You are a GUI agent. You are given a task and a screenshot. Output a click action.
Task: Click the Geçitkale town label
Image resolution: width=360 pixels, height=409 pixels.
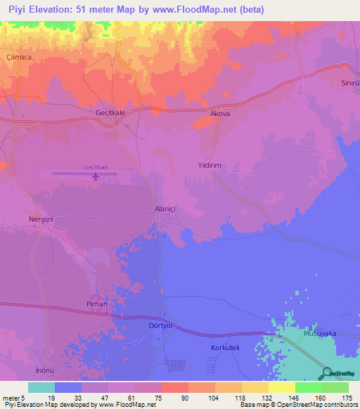pos(109,112)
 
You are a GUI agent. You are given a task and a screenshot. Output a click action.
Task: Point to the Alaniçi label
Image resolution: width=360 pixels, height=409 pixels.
pos(168,209)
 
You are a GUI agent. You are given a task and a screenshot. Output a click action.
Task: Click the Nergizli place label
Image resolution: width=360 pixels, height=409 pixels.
pos(41,219)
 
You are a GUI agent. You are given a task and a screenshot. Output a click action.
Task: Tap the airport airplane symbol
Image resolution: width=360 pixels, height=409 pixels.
pos(96,176)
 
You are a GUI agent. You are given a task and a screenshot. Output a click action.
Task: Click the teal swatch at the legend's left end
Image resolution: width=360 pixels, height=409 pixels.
pos(41,387)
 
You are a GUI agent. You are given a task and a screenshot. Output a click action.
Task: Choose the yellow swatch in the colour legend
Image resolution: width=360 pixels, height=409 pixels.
pos(281,387)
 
